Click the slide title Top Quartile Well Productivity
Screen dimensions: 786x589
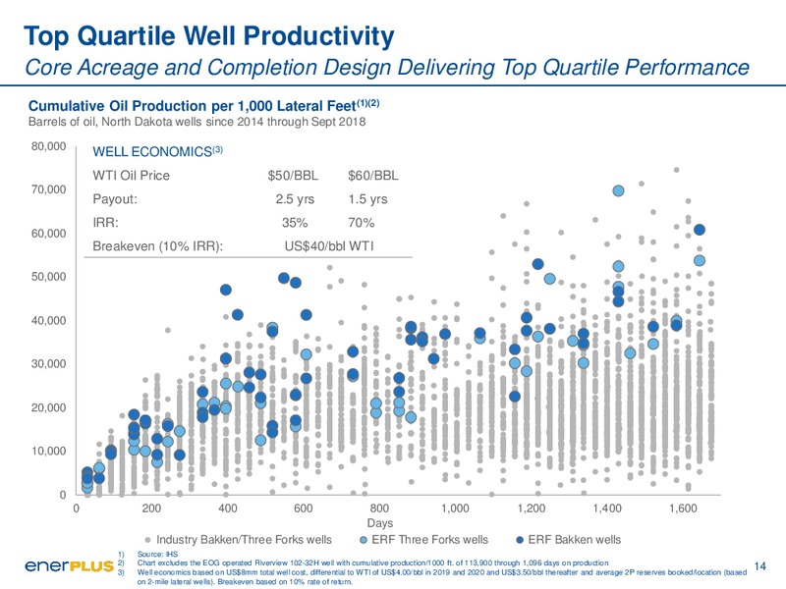pos(209,36)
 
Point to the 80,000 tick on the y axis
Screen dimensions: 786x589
pos(48,146)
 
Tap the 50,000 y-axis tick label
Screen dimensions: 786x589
pos(48,277)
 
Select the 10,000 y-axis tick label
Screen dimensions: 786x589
pos(48,451)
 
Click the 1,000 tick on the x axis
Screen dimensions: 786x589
pos(455,509)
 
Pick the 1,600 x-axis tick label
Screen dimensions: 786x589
pos(683,509)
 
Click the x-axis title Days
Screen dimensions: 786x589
pos(379,523)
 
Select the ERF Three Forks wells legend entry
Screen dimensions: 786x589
pos(424,539)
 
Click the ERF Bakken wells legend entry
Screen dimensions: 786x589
pos(569,539)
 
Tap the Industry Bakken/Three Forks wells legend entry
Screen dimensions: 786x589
pos(238,539)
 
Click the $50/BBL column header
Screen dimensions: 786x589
pos(293,176)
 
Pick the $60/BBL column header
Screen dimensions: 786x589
pos(373,176)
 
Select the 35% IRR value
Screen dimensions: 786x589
pos(295,223)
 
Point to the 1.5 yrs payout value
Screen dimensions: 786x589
pos(367,199)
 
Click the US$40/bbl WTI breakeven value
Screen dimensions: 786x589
pos(329,246)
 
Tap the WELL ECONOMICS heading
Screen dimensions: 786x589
pos(157,151)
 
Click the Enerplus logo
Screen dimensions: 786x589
pos(69,566)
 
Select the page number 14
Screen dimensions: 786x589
pos(759,566)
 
